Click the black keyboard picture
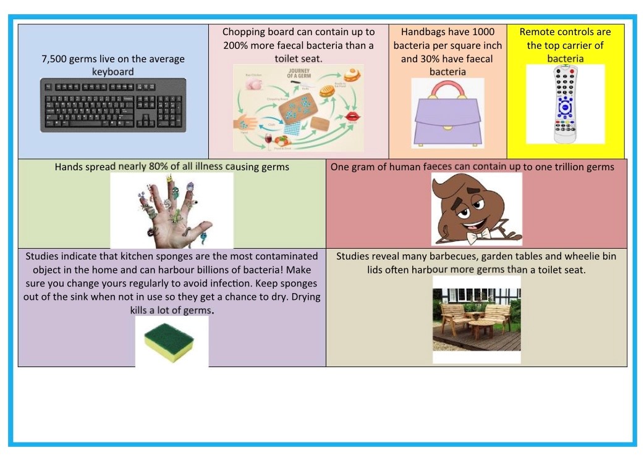[114, 104]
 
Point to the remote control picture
[565, 104]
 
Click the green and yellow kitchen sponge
[171, 342]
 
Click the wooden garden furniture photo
[476, 319]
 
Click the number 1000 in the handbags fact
[483, 31]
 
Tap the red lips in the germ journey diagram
[353, 116]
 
